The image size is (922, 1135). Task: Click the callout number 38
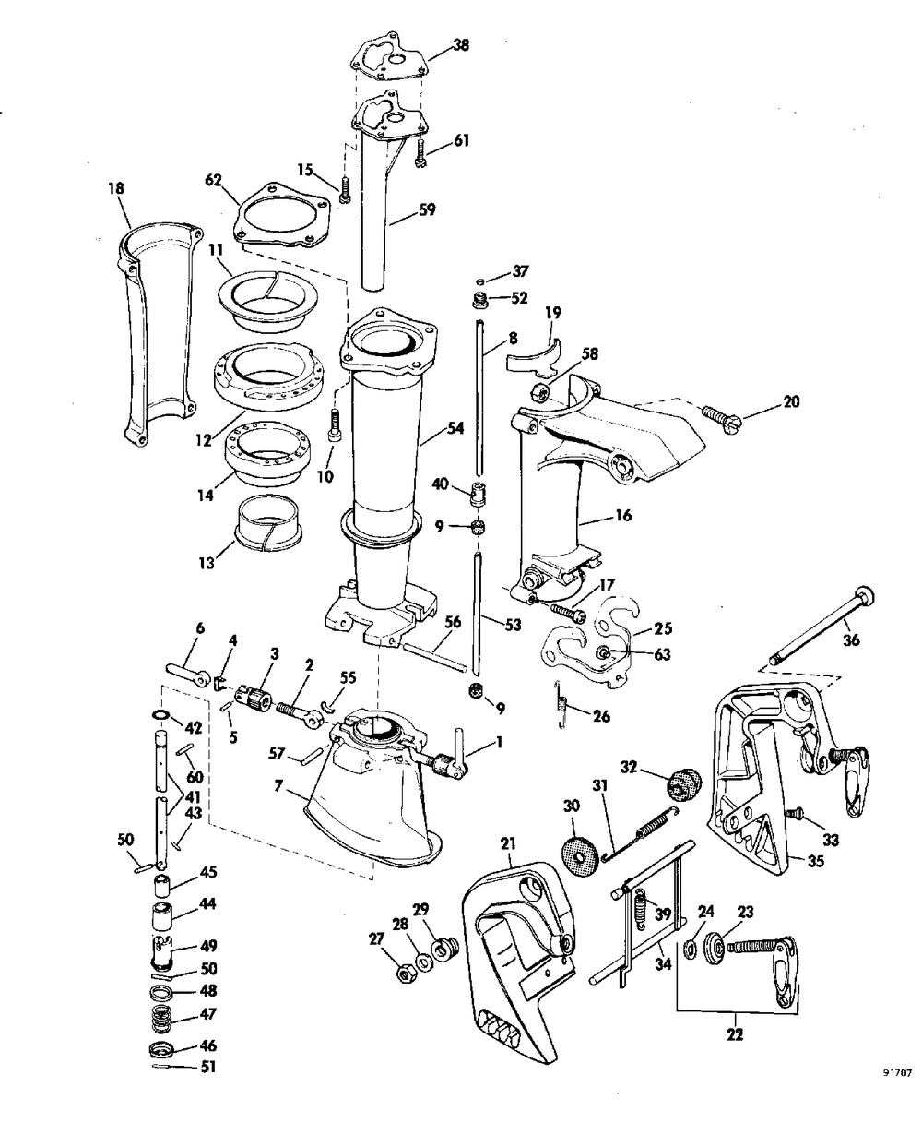coord(461,45)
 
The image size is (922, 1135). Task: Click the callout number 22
coord(735,1033)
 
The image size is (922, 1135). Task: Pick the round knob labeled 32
coord(683,783)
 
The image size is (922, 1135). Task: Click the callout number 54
coord(455,428)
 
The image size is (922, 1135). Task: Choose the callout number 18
coord(116,188)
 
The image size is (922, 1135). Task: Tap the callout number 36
coord(852,639)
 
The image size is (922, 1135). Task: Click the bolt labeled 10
coord(335,424)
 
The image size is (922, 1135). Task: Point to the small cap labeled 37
coord(479,281)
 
